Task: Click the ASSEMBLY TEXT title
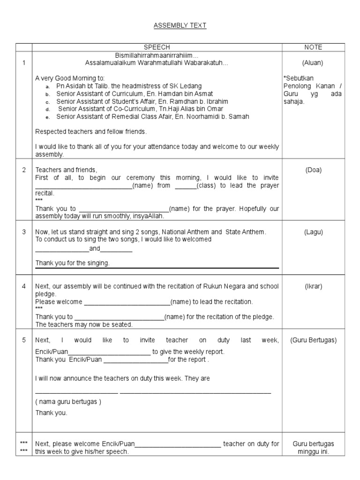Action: tap(180, 25)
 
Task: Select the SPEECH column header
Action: tap(157, 47)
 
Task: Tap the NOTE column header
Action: tap(313, 47)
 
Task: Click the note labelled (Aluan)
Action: tap(313, 62)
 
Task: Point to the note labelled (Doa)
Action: tap(313, 170)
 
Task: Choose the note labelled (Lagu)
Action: tap(313, 232)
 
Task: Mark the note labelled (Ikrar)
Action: tap(313, 286)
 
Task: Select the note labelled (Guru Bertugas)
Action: tap(313, 340)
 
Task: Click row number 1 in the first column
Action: tap(23, 62)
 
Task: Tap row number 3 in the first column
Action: tap(23, 232)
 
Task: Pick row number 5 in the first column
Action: tap(23, 340)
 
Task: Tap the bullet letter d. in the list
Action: tap(48, 109)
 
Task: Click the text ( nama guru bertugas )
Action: tap(68, 402)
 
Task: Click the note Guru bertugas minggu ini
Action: tap(313, 448)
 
